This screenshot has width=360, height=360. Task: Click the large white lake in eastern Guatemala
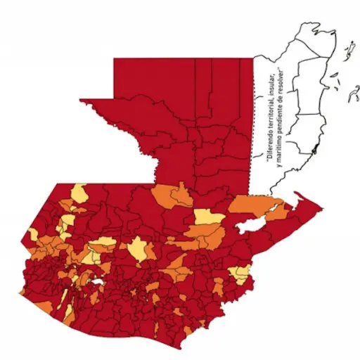coord(251,226)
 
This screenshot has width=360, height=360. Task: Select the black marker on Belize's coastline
coord(316,150)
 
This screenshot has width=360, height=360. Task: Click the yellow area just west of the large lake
coord(208,217)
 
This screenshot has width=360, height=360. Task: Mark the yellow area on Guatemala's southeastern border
coord(241,272)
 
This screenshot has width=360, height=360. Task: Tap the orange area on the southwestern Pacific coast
coord(44,306)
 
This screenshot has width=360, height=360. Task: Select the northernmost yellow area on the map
coord(79,192)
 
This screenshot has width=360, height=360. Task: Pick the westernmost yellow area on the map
coord(32,234)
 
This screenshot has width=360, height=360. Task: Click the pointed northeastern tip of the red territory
coord(320,207)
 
